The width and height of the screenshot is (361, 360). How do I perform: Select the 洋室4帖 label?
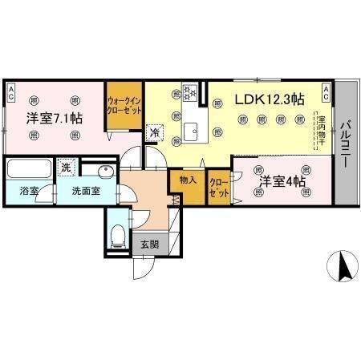[x=282, y=182]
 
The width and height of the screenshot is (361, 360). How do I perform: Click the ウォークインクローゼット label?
[x=125, y=105]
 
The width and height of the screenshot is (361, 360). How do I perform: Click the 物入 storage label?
[x=189, y=182]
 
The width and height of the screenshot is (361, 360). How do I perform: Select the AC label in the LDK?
[x=326, y=90]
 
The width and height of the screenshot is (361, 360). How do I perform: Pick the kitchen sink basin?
[x=192, y=132]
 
